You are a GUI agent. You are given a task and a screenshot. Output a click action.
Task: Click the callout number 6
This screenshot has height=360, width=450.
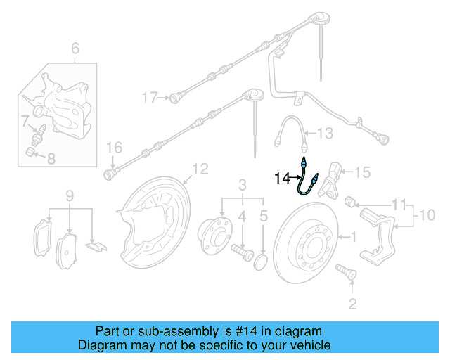(75, 48)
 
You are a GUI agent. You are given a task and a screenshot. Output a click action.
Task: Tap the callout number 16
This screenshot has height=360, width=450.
(114, 147)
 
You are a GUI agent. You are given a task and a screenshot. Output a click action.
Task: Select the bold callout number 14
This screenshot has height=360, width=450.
(282, 179)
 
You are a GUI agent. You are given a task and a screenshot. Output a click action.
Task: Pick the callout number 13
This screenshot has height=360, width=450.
(324, 132)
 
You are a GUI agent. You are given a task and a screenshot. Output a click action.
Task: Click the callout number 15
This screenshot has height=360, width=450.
(361, 172)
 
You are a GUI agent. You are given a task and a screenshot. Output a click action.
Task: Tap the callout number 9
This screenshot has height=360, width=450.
(70, 194)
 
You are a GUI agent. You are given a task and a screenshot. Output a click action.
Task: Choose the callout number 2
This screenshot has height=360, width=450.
(353, 303)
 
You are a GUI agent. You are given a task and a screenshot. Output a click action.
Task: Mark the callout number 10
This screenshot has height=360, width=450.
(427, 212)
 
